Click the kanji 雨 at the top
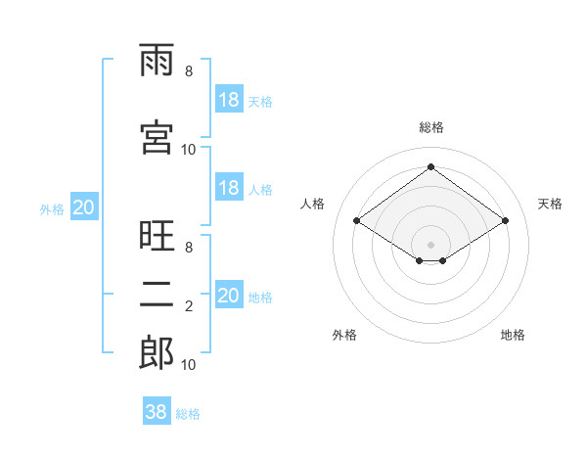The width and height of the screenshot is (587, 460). coord(157,60)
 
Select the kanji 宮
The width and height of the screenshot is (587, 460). coord(157,137)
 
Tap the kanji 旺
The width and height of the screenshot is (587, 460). coord(157,235)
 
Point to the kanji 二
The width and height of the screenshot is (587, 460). coord(157,295)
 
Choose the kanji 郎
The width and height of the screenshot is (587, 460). coord(157,352)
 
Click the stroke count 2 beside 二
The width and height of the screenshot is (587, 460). coord(189,306)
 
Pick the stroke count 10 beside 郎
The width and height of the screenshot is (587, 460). coord(188,365)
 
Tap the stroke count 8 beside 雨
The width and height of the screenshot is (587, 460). coord(189,71)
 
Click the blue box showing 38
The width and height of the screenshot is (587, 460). coord(157,410)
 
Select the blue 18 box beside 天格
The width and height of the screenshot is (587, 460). coord(229,99)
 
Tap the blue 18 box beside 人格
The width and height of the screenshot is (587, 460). coord(229,187)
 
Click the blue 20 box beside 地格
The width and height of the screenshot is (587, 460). coord(229,294)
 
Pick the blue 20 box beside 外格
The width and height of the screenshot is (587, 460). coord(84,207)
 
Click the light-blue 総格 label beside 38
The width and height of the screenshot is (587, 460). coord(188,414)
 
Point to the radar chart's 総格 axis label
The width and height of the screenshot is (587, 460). coord(431,127)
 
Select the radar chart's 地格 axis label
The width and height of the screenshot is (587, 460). coord(513,335)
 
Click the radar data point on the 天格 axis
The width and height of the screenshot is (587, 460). coord(505,220)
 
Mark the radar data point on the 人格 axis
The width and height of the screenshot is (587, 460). coord(357,220)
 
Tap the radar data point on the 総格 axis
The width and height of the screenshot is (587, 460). coord(430,166)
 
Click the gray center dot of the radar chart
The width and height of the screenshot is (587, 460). coord(430,245)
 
